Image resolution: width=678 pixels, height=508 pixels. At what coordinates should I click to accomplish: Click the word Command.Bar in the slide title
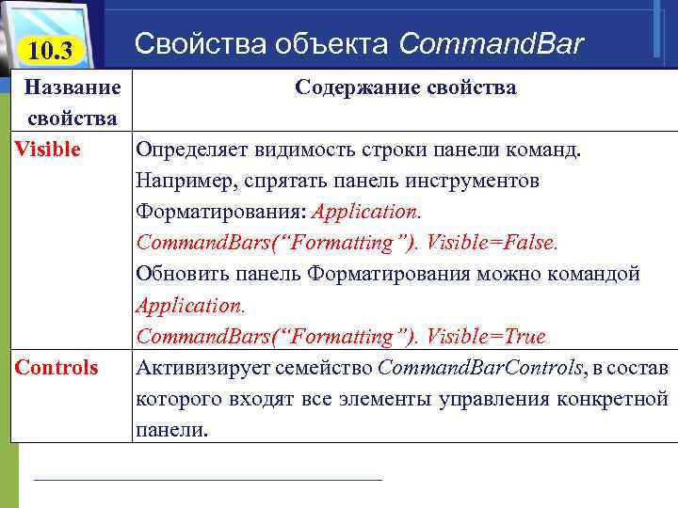click(x=492, y=43)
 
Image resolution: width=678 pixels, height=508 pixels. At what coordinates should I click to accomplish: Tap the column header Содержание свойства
click(x=405, y=87)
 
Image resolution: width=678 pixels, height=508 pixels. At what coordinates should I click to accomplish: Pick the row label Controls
click(x=56, y=367)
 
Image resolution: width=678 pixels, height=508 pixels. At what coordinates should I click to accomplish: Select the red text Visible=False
click(x=492, y=243)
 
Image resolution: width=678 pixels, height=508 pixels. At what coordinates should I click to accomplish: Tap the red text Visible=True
click(x=486, y=336)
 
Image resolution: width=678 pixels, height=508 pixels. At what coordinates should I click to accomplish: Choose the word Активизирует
click(x=197, y=367)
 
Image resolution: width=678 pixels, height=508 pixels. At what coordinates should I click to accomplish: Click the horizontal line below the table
click(x=207, y=481)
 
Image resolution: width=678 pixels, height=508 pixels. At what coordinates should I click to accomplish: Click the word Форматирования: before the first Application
click(x=221, y=212)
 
